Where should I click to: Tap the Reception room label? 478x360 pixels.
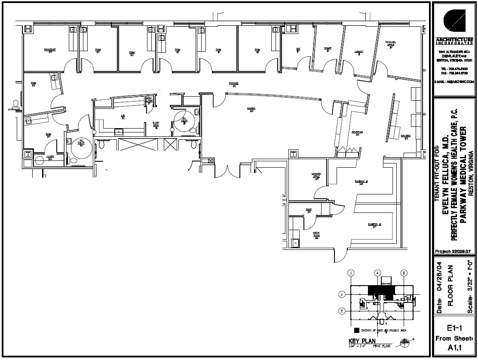click(357, 133)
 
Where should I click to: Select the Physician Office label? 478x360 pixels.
click(390, 43)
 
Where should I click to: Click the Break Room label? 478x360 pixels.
click(317, 235)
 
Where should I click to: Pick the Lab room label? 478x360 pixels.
click(123, 117)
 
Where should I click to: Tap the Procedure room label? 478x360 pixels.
click(50, 51)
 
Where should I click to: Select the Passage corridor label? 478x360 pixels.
click(233, 85)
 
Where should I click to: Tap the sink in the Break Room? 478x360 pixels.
click(295, 243)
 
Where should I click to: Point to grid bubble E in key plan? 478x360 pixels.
click(341, 310)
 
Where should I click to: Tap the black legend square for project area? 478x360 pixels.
click(356, 331)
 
